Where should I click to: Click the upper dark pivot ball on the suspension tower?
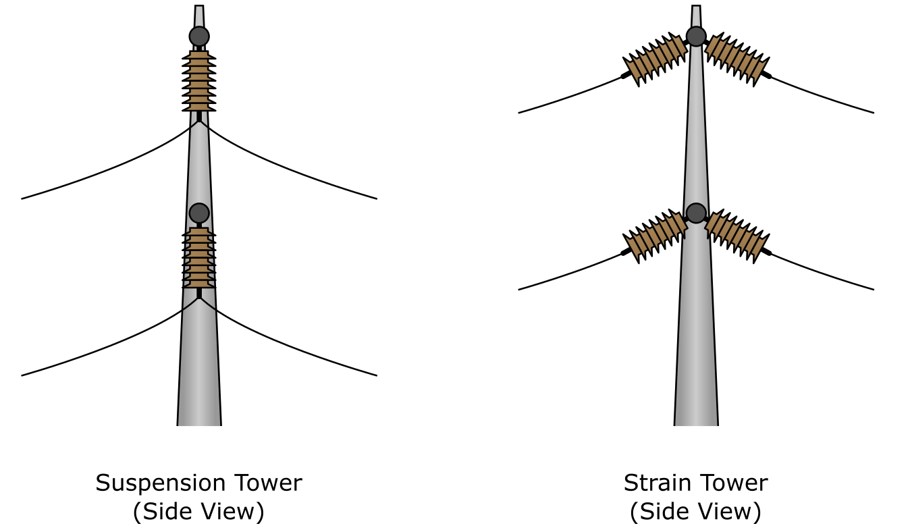click(x=199, y=36)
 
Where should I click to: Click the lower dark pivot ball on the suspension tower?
click(x=199, y=213)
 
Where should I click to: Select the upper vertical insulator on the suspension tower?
click(x=199, y=81)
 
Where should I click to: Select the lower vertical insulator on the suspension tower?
click(x=199, y=257)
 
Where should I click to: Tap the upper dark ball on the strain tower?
click(x=696, y=36)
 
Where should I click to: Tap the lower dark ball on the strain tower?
click(x=696, y=213)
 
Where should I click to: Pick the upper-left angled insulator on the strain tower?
click(x=655, y=59)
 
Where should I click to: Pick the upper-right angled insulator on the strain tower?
click(x=737, y=59)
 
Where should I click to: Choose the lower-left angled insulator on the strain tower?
click(x=655, y=236)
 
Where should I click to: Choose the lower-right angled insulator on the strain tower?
click(x=737, y=236)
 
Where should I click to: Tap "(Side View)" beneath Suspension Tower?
click(x=198, y=512)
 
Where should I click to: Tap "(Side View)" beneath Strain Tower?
click(x=695, y=512)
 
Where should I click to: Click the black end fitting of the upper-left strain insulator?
click(x=626, y=76)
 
